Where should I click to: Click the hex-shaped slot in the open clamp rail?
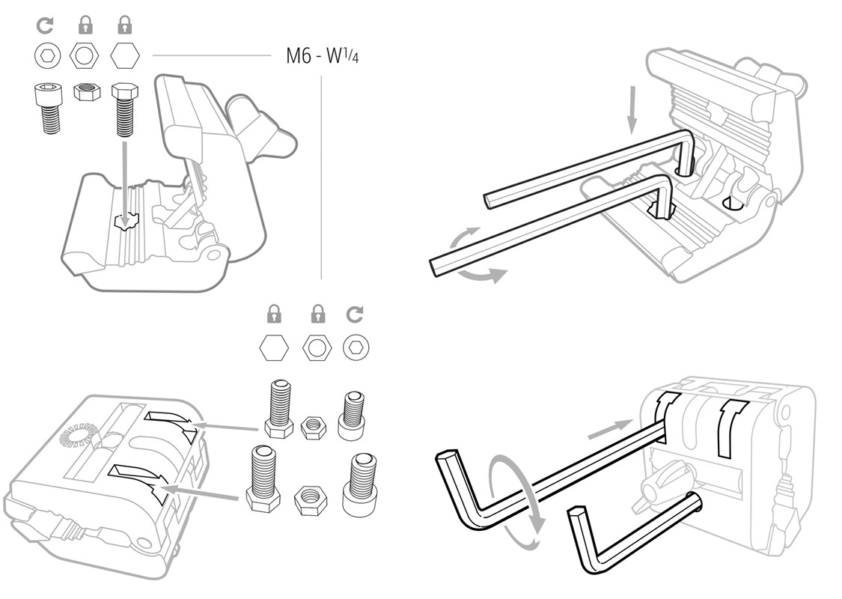click(x=126, y=222)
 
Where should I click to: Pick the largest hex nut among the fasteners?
click(x=308, y=499)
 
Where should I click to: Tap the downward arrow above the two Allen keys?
click(x=632, y=109)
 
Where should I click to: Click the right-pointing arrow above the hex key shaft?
click(x=606, y=430)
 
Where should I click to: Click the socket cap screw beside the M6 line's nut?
click(x=48, y=108)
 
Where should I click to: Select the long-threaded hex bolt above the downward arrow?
click(x=124, y=109)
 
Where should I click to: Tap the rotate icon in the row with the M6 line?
click(x=46, y=26)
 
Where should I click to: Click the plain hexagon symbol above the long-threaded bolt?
click(x=124, y=55)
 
